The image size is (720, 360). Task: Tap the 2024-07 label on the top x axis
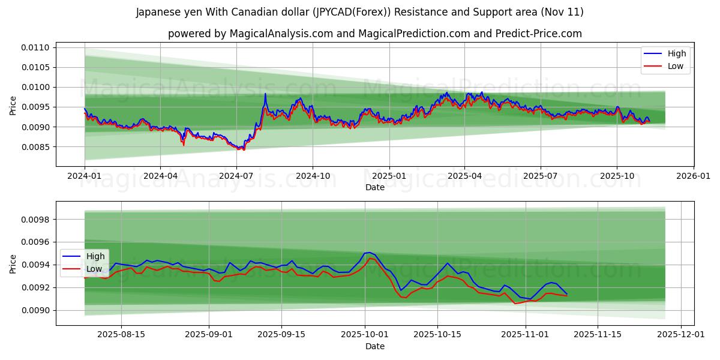point(236,176)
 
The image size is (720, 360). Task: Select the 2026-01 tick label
point(693,176)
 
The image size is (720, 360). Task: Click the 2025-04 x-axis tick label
point(464,176)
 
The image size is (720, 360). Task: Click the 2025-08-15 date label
point(122,335)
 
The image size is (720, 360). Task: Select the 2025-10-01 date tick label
point(365,335)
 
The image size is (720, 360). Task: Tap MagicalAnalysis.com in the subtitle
point(281,34)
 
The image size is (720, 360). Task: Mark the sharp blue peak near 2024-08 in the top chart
point(265,94)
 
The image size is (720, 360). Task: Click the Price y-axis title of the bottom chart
point(13,263)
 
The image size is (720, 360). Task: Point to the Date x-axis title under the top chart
point(375,187)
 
